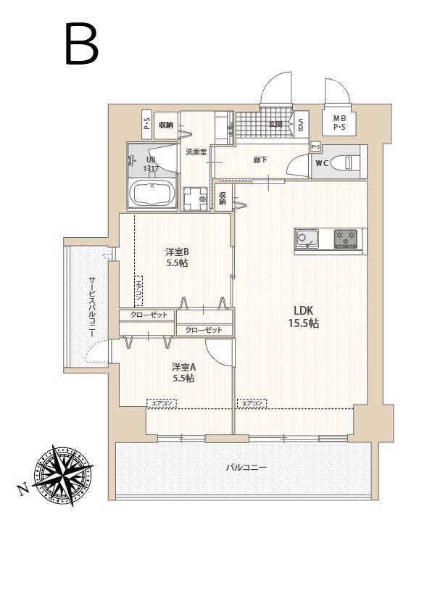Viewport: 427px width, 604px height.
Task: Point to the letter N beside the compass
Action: pos(24,491)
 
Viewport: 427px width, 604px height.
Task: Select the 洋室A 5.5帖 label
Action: pos(183,373)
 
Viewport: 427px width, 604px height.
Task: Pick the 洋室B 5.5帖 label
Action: pos(176,257)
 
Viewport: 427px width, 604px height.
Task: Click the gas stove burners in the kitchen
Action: pos(345,238)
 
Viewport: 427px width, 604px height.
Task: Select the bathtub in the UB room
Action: pos(152,194)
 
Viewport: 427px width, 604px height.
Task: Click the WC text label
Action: pos(322,163)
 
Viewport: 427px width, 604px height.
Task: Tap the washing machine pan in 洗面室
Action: pos(194,198)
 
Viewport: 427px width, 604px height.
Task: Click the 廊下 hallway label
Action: pos(260,160)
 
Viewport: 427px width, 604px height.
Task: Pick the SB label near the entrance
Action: pos(301,125)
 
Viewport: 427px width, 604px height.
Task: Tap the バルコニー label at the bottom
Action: pos(245,468)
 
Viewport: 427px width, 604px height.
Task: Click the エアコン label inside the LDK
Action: pos(252,402)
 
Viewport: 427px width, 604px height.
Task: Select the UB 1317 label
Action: pos(151,165)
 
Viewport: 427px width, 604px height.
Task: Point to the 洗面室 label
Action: pos(196,152)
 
